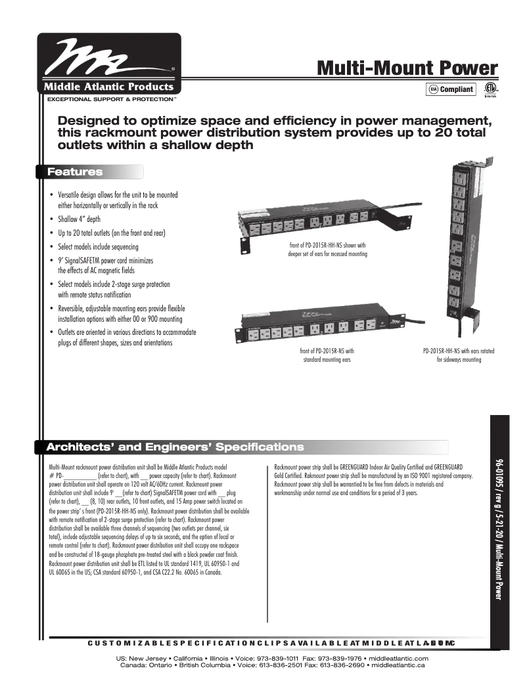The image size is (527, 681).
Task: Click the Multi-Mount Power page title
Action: tap(407, 68)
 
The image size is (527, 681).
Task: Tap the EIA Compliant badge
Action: tap(451, 89)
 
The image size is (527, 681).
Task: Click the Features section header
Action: tap(76, 172)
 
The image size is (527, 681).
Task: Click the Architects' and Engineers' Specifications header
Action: tap(175, 447)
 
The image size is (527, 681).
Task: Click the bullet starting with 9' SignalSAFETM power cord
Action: tap(105, 261)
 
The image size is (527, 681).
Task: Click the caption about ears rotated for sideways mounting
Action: tap(459, 355)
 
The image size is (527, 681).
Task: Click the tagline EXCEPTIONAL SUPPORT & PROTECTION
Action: tap(110, 99)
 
